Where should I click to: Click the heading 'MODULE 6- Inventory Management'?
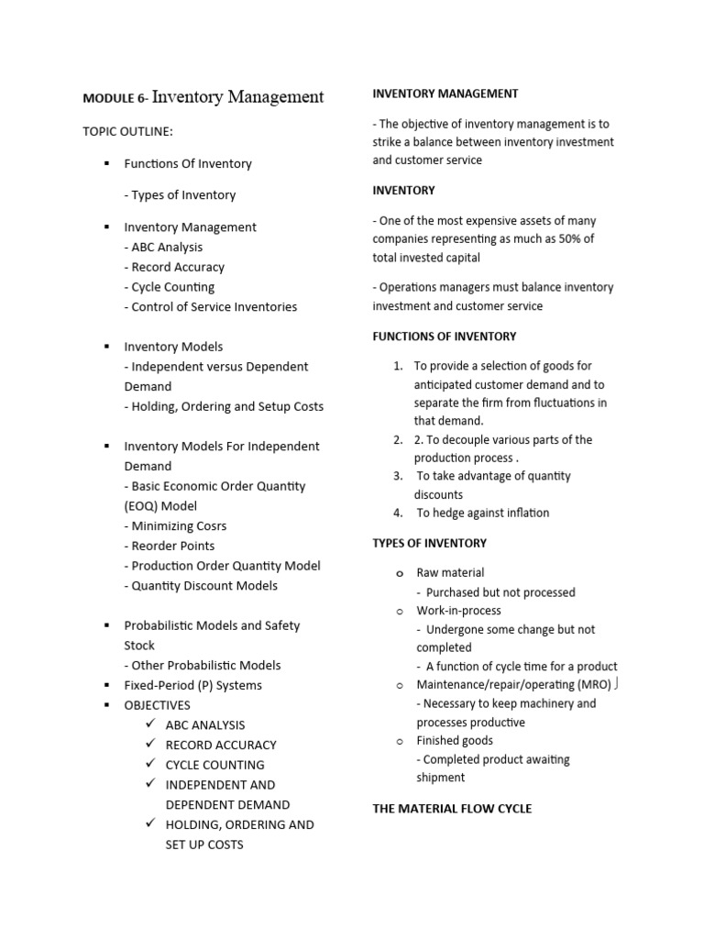point(203,96)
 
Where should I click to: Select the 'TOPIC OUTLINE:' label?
point(127,131)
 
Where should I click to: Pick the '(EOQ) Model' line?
point(160,505)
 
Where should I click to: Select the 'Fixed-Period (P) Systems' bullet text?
point(192,685)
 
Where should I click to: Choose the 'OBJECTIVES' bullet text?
point(157,705)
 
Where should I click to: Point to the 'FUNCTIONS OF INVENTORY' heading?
point(444,337)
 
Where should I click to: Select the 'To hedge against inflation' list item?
point(482,513)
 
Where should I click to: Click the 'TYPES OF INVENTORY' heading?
point(429,543)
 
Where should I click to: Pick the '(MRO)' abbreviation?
point(594,684)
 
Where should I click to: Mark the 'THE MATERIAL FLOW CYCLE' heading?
point(452,808)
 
